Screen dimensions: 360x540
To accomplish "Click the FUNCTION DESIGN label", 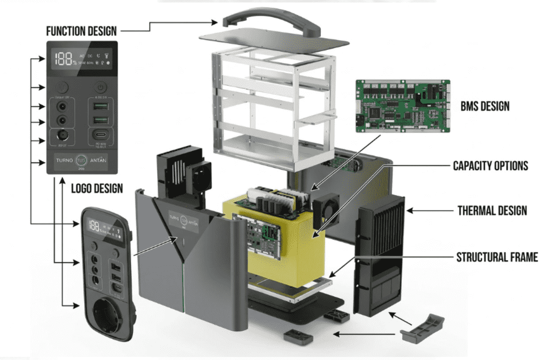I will coord(81,31).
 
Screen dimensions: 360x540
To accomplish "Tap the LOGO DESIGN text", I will coord(97,188).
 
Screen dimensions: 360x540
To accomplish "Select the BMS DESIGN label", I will coord(485,107).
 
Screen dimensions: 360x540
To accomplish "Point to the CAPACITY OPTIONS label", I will coord(490,166).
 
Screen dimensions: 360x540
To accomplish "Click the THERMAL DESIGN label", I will coord(492,210).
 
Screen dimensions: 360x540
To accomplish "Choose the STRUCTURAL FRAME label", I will coord(497,257).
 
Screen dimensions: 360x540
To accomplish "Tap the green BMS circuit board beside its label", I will coord(403,107).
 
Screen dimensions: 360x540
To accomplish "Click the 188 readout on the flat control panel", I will coord(63,58).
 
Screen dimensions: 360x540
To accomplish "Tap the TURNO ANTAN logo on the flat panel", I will coord(81,160).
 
